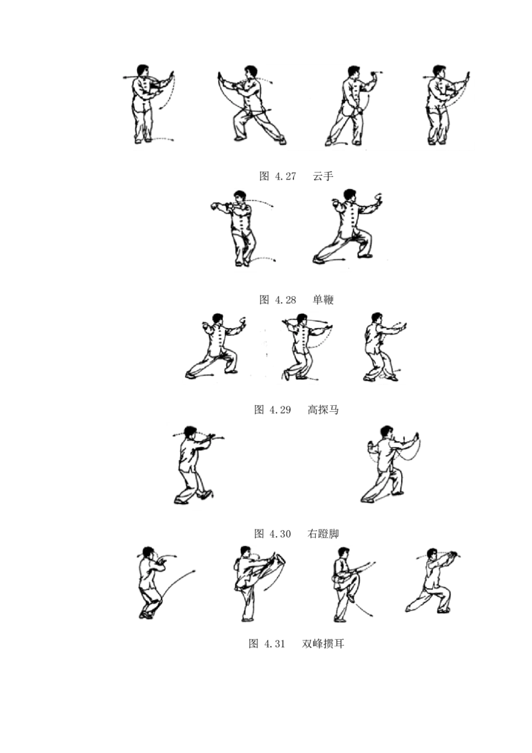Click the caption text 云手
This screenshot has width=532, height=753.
point(323,176)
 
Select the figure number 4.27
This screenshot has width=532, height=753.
point(285,176)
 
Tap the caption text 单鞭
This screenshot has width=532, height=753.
point(323,299)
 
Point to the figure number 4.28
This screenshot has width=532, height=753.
point(285,300)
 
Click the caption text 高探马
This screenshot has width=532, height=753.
point(323,410)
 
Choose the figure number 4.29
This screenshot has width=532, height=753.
point(281,410)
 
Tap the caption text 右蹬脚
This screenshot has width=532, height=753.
point(323,533)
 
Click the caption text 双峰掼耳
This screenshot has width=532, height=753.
point(323,643)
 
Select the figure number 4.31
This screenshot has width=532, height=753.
point(275,644)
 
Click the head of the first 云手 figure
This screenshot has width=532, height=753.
point(142,71)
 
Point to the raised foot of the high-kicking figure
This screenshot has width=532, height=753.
point(279,560)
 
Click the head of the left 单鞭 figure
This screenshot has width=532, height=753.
point(239,196)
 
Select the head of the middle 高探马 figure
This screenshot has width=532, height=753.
point(301,319)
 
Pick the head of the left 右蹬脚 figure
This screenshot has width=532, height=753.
point(191,431)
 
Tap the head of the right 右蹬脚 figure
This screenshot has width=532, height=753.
point(387,431)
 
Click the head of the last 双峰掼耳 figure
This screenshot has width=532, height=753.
point(433,553)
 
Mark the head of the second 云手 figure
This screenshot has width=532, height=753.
point(250,72)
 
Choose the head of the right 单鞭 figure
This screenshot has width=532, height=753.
point(350,195)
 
